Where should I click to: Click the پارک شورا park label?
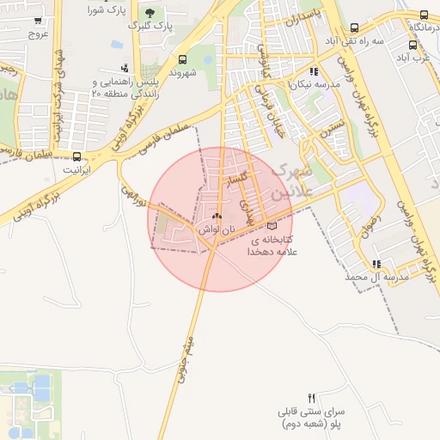click(108, 10)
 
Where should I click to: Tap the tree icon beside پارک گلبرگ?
click(151, 13)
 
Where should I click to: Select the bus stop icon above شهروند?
click(182, 59)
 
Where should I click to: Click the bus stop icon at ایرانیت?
click(78, 157)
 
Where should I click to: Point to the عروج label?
click(38, 34)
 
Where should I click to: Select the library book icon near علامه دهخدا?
click(273, 226)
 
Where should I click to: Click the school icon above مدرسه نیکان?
click(315, 72)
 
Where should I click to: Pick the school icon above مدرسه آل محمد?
click(376, 264)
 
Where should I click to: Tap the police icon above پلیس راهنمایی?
click(126, 67)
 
